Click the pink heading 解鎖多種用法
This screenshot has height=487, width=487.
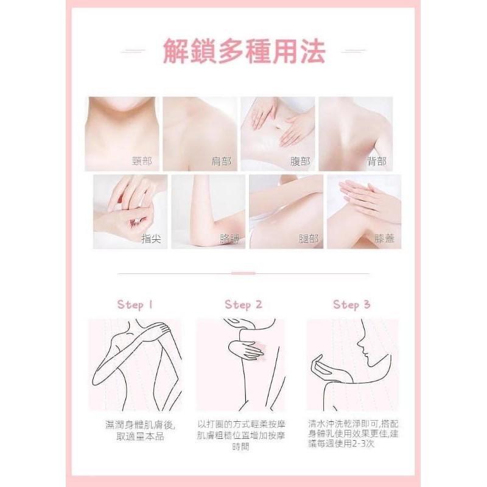pos(243,51)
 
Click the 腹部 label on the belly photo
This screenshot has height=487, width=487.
pos(298,161)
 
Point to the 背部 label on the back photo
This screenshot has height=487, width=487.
pos(376,161)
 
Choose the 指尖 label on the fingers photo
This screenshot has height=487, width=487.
pos(150,239)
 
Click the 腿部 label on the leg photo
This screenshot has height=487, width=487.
pos(306,239)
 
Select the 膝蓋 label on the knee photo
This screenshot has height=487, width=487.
pos(385,239)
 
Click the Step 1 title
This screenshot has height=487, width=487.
pos(135,304)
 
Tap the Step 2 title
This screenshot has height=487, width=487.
pos(243,304)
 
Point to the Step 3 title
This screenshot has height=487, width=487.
pos(351,304)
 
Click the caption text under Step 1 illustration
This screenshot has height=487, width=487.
pos(135,430)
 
